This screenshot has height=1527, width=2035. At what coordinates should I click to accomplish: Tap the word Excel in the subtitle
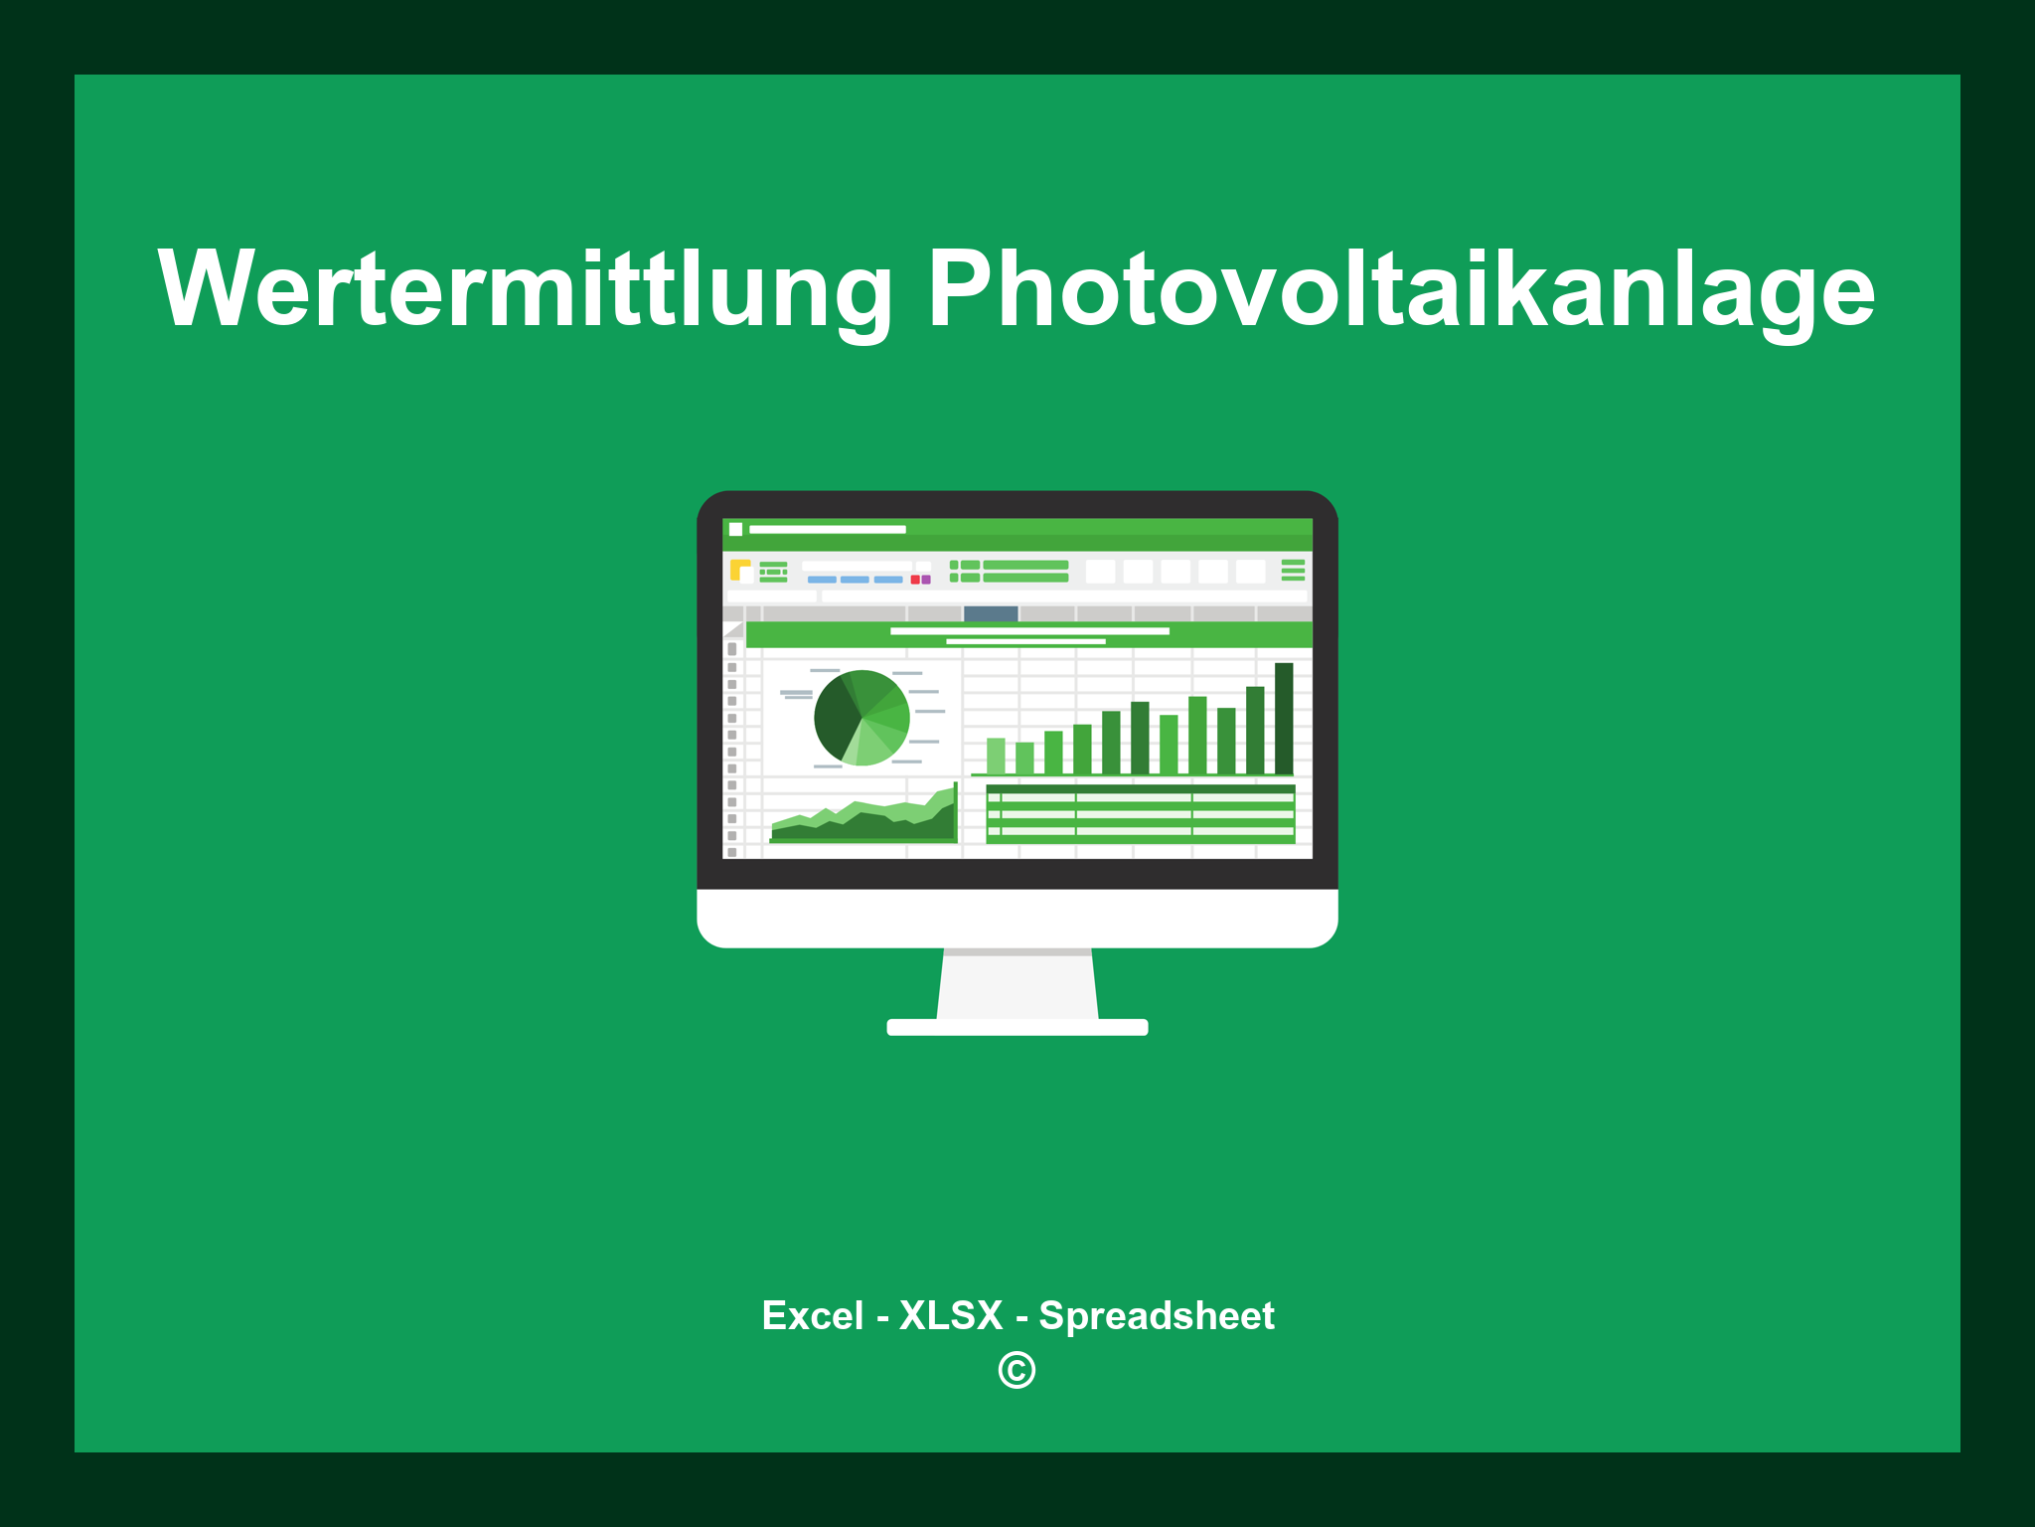click(812, 1315)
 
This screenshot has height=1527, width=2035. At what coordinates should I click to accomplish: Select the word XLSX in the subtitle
click(951, 1315)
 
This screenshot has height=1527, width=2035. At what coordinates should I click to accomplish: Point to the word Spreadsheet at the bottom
click(1156, 1315)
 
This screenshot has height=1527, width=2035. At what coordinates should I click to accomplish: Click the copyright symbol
click(1017, 1370)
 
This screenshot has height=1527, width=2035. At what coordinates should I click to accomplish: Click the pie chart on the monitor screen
click(862, 718)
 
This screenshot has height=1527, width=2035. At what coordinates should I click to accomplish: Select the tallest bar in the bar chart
click(1284, 718)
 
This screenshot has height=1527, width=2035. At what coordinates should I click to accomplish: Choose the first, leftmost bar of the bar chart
click(996, 756)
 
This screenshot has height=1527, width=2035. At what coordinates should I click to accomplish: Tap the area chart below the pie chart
click(862, 822)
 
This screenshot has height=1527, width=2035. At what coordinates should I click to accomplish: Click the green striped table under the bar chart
click(1140, 814)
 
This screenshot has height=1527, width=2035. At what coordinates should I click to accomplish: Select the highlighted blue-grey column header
click(991, 613)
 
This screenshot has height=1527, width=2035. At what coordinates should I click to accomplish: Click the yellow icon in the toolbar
click(739, 570)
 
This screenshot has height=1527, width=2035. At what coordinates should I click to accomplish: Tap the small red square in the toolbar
click(915, 580)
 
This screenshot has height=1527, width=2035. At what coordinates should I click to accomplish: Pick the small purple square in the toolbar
click(926, 580)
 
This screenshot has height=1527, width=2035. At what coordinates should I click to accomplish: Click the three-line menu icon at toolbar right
click(1293, 570)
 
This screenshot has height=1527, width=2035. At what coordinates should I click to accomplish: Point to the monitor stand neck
click(1017, 984)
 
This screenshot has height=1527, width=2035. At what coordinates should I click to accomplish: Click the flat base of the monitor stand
click(1017, 1027)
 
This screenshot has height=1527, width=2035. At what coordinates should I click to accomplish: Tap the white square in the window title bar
click(736, 529)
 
